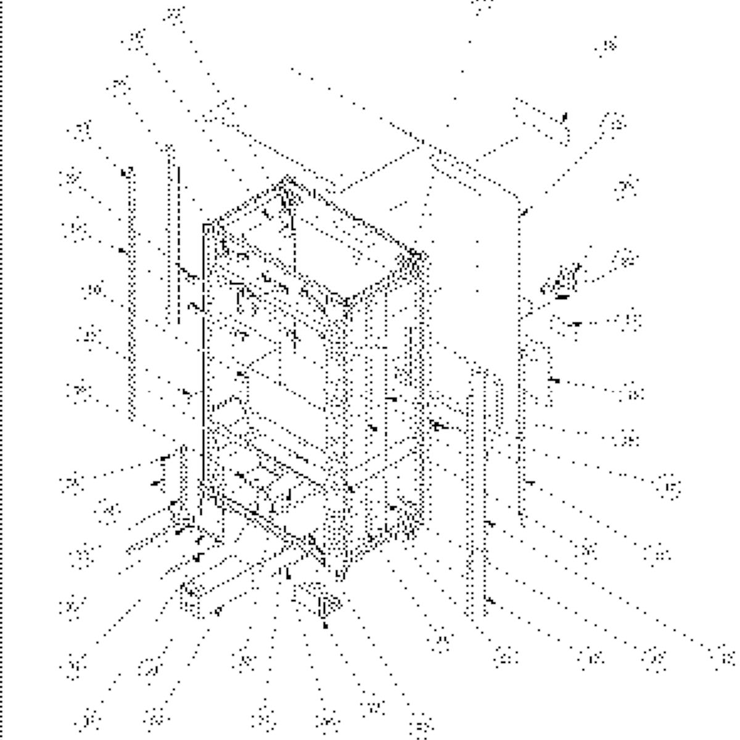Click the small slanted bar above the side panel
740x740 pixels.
pyautogui.click(x=541, y=122)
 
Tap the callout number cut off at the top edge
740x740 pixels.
pyautogui.click(x=483, y=5)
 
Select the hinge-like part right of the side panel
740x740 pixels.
pyautogui.click(x=560, y=281)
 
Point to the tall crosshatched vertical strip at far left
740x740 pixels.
pyautogui.click(x=131, y=296)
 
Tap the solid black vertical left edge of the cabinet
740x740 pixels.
pyautogui.click(x=203, y=358)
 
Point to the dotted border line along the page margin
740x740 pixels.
pyautogui.click(x=2, y=370)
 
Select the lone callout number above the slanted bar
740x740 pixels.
pyautogui.click(x=607, y=47)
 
